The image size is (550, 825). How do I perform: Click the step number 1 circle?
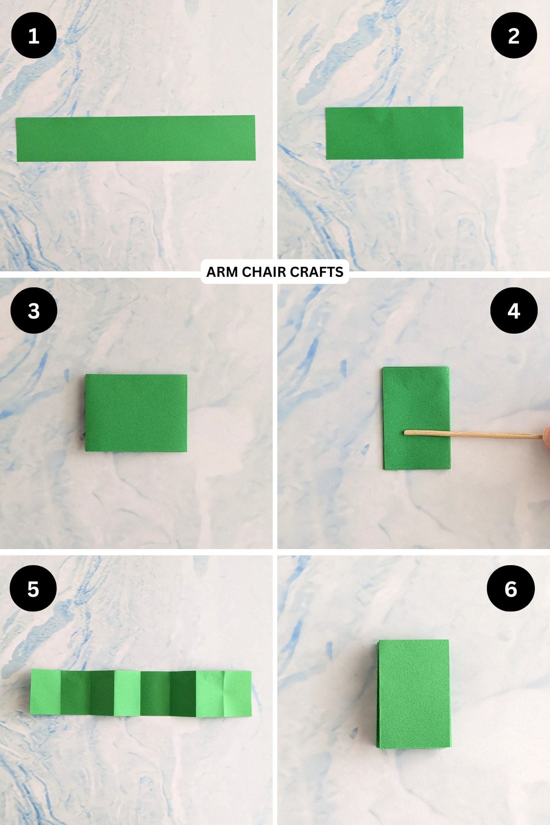click(33, 36)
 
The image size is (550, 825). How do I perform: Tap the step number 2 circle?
click(514, 36)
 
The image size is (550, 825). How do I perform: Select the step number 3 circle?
click(33, 311)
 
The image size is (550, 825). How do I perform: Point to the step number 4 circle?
click(514, 311)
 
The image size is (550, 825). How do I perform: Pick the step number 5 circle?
click(33, 588)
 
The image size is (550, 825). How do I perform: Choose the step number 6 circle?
click(511, 588)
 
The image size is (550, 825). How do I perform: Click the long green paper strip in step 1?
click(136, 138)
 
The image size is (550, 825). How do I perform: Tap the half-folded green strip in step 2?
click(394, 133)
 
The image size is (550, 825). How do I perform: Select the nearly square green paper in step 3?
click(136, 412)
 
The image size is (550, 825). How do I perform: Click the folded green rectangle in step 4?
click(416, 403)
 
